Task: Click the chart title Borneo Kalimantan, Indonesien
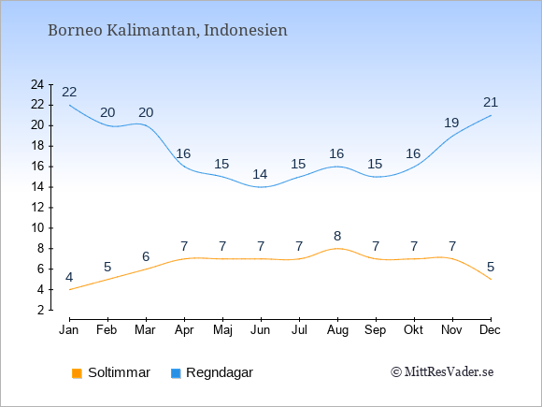[167, 30]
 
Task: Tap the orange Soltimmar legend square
[77, 373]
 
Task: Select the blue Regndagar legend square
[176, 373]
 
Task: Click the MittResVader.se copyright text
[442, 372]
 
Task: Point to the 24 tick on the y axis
[37, 84]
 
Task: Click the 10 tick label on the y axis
[37, 228]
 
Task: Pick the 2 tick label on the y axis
[41, 310]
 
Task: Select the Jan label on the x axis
[69, 330]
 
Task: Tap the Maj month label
[222, 330]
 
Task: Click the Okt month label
[413, 330]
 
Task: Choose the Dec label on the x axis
[490, 330]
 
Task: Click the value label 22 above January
[69, 92]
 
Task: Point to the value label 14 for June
[260, 174]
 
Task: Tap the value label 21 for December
[491, 102]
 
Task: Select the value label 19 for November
[451, 123]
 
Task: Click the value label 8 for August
[337, 236]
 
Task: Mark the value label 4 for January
[69, 277]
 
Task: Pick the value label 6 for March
[146, 256]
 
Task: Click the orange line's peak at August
[337, 249]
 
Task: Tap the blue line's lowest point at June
[261, 187]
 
